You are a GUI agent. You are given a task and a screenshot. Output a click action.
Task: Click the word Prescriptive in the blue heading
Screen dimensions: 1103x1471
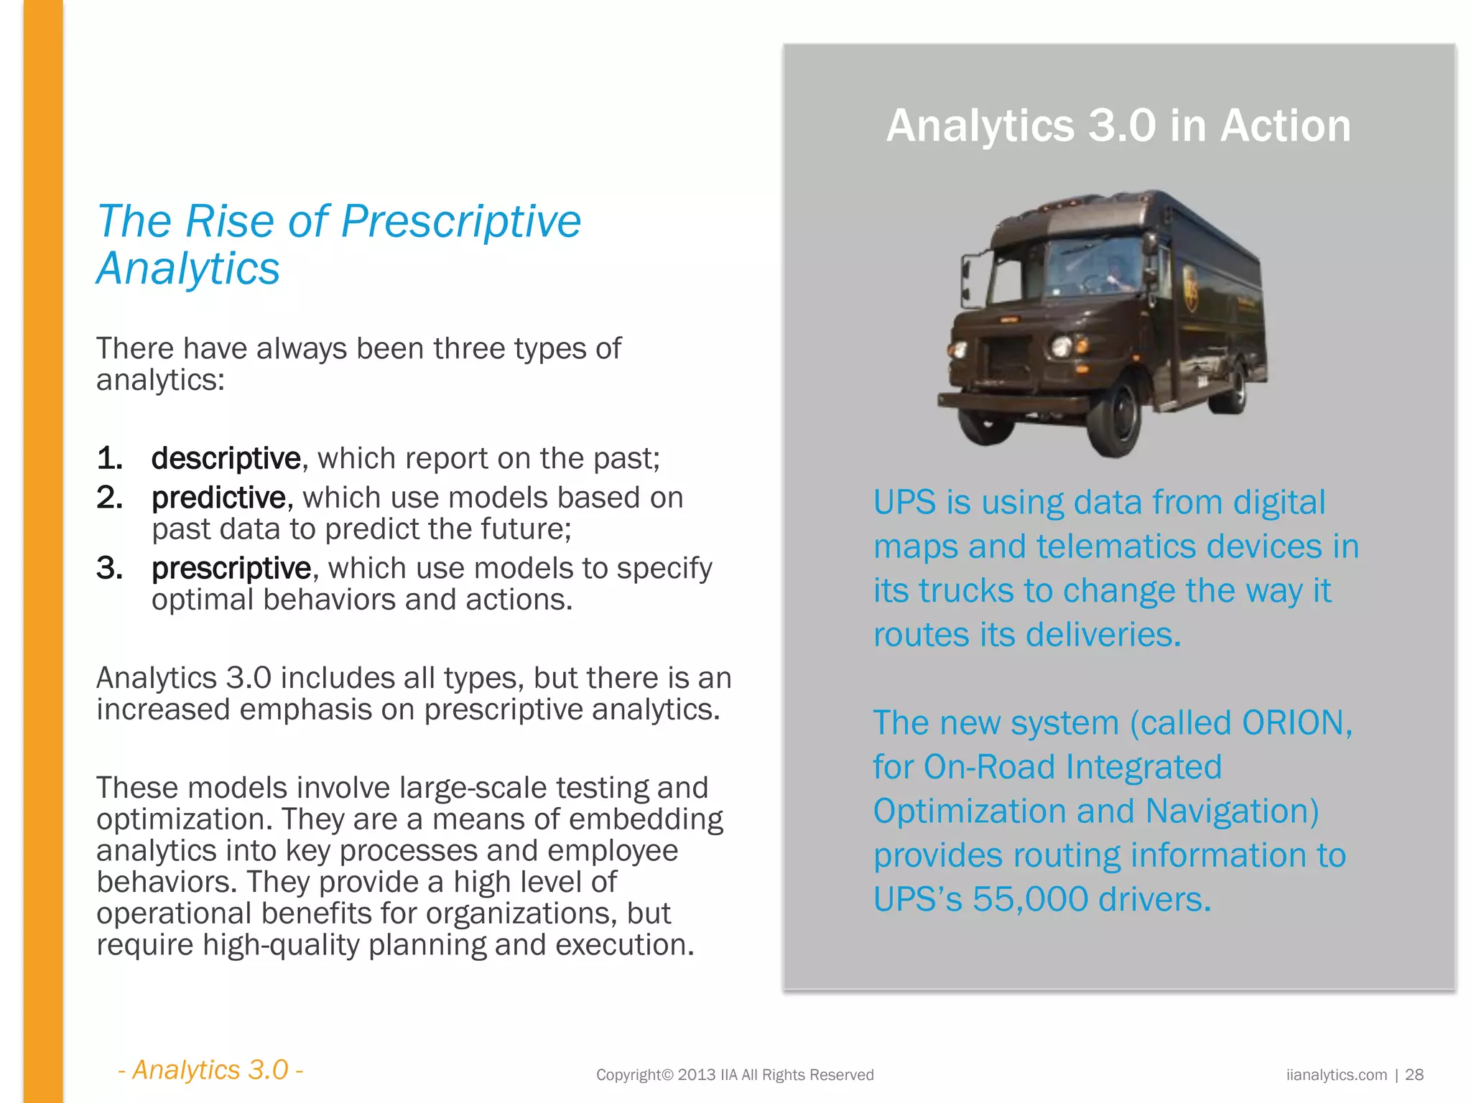click(x=460, y=221)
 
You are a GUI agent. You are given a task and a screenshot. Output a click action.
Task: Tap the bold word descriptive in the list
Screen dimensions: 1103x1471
click(x=226, y=458)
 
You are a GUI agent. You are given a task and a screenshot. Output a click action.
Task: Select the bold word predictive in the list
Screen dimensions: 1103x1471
click(x=219, y=498)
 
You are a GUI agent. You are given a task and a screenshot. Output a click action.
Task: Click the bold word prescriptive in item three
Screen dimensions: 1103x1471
click(x=231, y=568)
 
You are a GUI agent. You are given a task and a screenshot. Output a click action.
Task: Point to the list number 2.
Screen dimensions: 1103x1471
click(x=110, y=498)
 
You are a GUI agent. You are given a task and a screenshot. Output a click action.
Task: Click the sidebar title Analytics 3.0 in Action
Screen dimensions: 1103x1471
click(x=1118, y=126)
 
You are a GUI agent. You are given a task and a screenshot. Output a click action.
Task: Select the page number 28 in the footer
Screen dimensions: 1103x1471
click(x=1414, y=1075)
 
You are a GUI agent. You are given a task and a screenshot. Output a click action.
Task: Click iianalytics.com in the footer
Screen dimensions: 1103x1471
click(x=1337, y=1075)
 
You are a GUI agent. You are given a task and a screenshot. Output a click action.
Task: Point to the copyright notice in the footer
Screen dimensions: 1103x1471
click(x=735, y=1075)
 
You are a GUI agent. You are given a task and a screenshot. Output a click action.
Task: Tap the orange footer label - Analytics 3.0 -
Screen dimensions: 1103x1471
click(x=210, y=1070)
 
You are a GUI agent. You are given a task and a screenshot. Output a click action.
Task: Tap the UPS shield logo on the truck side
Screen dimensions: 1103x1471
click(x=1190, y=287)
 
